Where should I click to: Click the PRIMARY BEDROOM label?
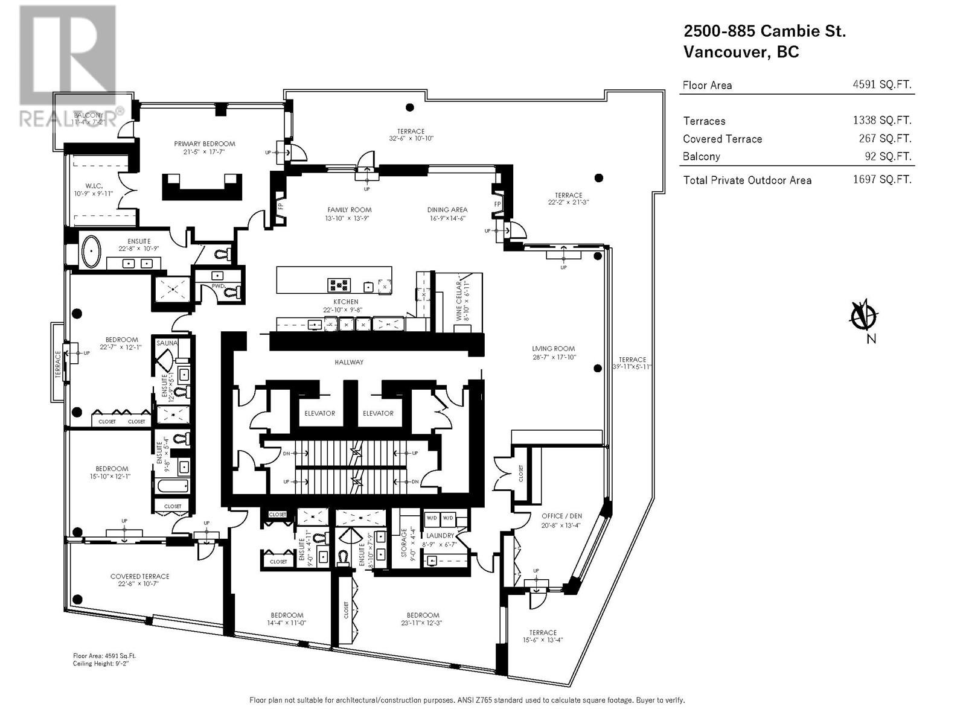(205, 144)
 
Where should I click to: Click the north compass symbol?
(864, 316)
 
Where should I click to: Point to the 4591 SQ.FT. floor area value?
(881, 84)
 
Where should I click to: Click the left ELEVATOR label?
(319, 413)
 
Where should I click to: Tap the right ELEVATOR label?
(378, 413)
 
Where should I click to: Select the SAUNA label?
(167, 343)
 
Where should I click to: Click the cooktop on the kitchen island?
(339, 284)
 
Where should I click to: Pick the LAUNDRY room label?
(440, 535)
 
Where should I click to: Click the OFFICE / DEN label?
(561, 516)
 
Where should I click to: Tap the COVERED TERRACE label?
(139, 576)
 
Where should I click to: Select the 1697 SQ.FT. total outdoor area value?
(881, 179)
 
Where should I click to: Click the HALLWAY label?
(349, 362)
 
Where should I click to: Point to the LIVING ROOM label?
(553, 348)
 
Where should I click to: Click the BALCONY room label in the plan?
(89, 115)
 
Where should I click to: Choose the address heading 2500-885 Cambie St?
(764, 31)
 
